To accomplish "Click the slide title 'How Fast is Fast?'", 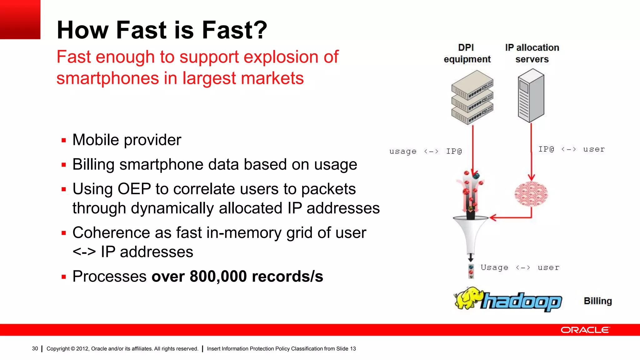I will (162, 30).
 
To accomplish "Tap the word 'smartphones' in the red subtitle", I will (107, 78).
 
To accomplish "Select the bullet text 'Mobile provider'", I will (127, 140).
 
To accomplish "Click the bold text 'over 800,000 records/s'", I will (237, 276).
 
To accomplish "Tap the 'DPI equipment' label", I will (467, 53).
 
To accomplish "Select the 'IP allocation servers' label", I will (532, 53).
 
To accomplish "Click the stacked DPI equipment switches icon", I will (472, 97).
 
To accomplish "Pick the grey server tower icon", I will (531, 96).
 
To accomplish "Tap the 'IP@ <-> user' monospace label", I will (571, 149).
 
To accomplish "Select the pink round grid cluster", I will (531, 194).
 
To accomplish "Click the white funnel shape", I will (470, 233).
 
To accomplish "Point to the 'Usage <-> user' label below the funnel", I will (520, 267).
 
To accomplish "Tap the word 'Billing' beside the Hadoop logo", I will (597, 301).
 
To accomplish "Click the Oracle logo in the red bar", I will (585, 330).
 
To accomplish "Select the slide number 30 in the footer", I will (35, 348).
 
